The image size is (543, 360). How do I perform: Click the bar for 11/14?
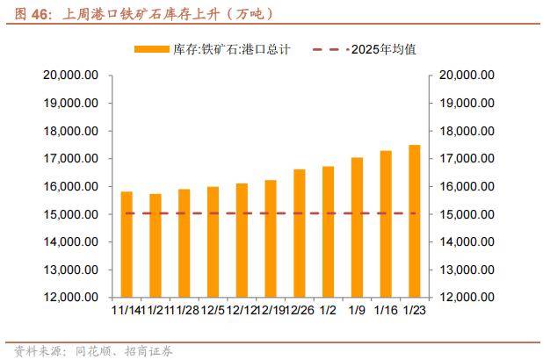tap(127, 243)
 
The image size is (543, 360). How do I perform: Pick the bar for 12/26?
tap(300, 233)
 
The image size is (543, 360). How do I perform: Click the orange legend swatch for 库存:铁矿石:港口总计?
tap(153, 49)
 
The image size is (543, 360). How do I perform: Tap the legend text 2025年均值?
tap(382, 49)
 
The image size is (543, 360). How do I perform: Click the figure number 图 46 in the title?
tap(25, 14)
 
